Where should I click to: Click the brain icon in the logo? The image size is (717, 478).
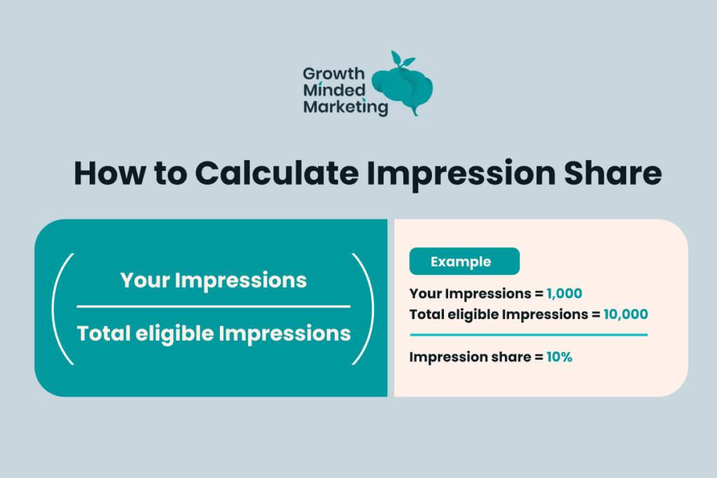tap(403, 87)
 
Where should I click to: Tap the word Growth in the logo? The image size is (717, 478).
tap(334, 73)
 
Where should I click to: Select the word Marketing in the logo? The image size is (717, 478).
tap(346, 107)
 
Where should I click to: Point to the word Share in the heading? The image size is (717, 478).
tap(613, 173)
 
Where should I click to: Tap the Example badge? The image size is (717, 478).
tap(464, 261)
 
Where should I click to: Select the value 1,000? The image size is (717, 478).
tap(564, 293)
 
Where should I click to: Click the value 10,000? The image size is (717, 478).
tap(625, 314)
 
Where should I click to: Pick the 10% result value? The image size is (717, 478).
tap(559, 356)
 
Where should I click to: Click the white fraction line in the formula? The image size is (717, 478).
tap(214, 307)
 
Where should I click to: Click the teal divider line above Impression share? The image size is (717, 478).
tap(529, 335)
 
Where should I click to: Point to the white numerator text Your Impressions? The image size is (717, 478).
tap(214, 280)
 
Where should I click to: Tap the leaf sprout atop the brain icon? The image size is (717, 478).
tap(402, 59)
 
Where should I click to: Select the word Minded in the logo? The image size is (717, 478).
tap(334, 90)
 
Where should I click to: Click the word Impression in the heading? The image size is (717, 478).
tap(461, 174)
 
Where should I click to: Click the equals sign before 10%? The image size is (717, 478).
tap(538, 357)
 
